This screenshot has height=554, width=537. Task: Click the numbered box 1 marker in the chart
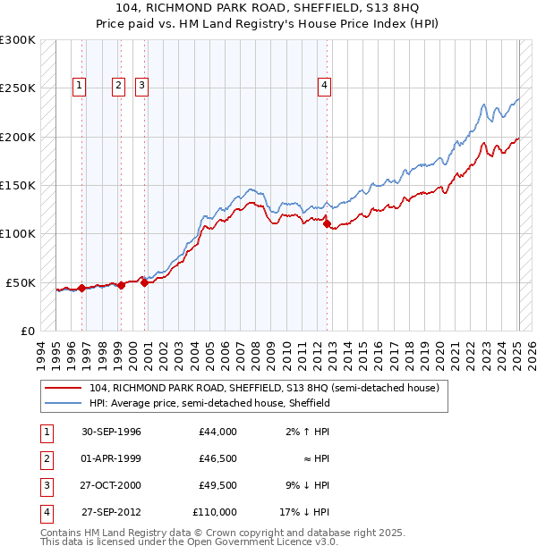80,86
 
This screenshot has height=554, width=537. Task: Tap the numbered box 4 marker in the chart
323,86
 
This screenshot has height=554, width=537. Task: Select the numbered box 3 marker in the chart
141,86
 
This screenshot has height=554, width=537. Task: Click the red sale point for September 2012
327,224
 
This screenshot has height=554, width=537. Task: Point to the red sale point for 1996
81,288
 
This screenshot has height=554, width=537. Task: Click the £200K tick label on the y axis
17,137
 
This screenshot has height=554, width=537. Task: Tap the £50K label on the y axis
21,282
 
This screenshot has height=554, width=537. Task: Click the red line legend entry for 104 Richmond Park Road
264,389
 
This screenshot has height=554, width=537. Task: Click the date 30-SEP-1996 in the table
111,432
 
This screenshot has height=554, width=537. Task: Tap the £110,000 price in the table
214,512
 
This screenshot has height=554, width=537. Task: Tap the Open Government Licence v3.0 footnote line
190,541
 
